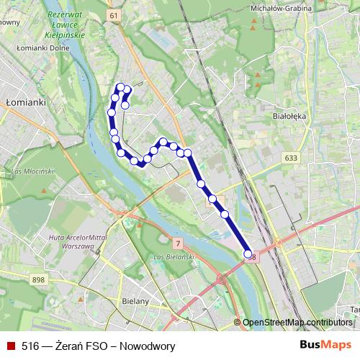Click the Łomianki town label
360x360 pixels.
(x=26, y=102)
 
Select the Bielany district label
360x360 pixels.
(x=135, y=301)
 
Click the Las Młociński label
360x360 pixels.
(x=33, y=171)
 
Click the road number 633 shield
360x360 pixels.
(x=291, y=158)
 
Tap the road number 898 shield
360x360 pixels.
(x=39, y=279)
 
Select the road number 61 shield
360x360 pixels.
(x=114, y=14)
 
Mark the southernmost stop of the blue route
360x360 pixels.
(x=248, y=254)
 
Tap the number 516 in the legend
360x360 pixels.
(x=30, y=346)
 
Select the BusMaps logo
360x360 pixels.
(x=326, y=345)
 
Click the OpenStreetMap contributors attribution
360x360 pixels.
(x=297, y=323)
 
